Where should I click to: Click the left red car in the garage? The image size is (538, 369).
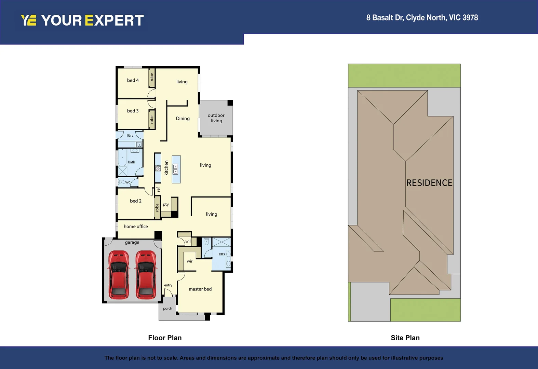(119, 275)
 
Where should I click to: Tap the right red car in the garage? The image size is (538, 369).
(146, 275)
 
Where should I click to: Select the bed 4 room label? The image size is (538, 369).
(133, 80)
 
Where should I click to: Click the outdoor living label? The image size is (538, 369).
(216, 118)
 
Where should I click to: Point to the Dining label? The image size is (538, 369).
(183, 119)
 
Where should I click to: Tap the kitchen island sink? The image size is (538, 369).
(175, 169)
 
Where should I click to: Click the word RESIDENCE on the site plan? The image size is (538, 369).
(429, 183)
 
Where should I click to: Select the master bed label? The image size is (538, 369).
(200, 289)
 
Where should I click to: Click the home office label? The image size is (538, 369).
(136, 227)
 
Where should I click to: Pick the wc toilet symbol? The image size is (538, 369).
(122, 182)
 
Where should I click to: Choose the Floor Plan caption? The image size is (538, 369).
(165, 338)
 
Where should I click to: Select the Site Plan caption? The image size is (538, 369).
(405, 338)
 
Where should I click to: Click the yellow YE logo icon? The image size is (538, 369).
(28, 20)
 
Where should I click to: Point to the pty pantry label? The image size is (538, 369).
(166, 204)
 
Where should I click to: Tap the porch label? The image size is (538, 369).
(167, 309)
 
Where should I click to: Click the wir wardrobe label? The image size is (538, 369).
(189, 261)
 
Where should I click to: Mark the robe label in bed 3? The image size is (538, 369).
(152, 120)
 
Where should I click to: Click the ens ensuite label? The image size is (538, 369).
(221, 254)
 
